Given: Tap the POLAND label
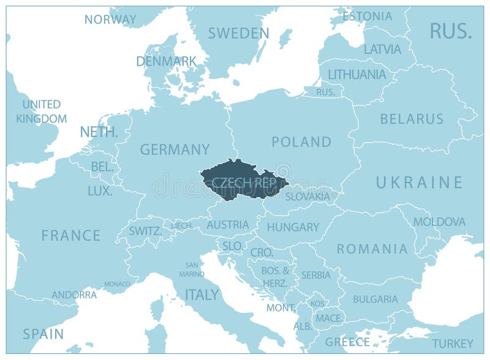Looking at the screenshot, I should [301, 142].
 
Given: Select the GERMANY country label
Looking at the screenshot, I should [175, 149].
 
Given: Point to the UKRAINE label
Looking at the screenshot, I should [419, 182].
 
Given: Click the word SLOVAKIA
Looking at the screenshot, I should [307, 197].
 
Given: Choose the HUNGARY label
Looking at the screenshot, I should [293, 227].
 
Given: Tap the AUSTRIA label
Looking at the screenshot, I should [228, 225].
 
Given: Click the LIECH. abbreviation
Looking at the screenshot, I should [182, 226].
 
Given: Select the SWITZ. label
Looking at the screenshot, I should [146, 231].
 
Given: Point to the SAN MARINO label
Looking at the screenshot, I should [192, 269].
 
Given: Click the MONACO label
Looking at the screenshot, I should [117, 284].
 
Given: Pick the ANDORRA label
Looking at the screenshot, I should [74, 294].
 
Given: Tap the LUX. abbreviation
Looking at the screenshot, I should [100, 191].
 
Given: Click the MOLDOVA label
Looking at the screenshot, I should [439, 222].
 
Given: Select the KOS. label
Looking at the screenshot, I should [317, 304].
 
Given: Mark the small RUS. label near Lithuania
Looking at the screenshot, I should [325, 92].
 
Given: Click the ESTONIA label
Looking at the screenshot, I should [367, 16].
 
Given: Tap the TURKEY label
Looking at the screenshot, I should [452, 343].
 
